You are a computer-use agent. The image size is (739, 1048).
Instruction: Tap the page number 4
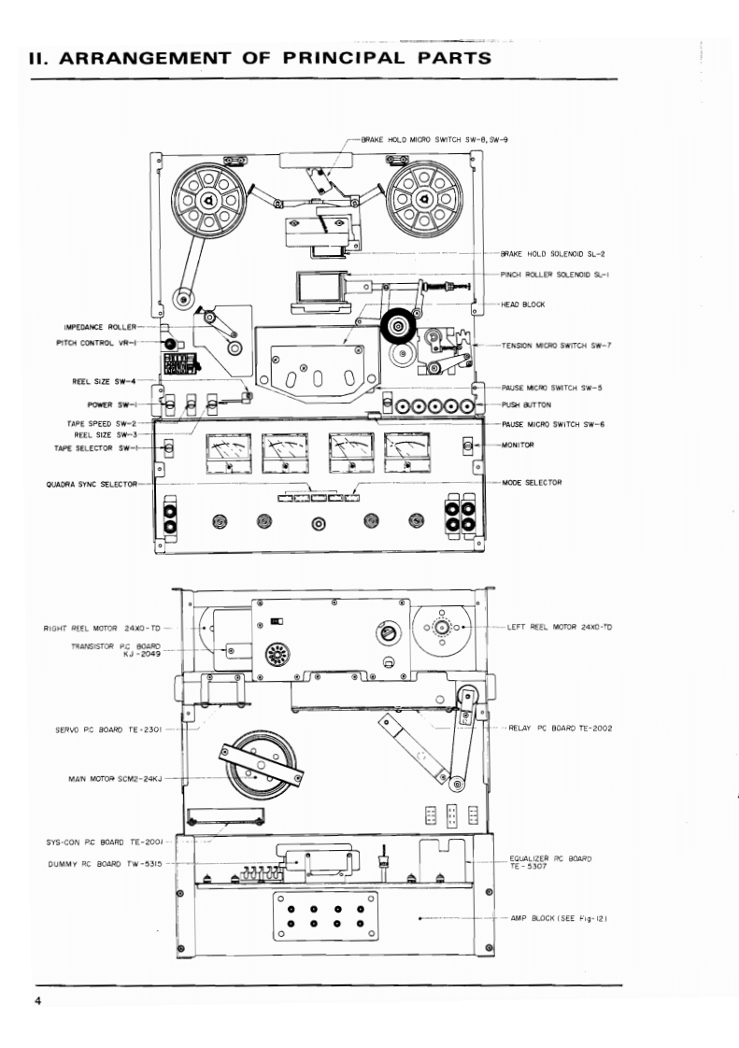[38, 1002]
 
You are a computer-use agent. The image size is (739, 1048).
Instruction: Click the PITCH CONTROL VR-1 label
[98, 343]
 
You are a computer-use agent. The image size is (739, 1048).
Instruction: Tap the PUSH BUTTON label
[527, 406]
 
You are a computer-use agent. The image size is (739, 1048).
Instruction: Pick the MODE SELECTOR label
[532, 482]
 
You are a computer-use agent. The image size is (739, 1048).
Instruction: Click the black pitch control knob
[171, 344]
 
